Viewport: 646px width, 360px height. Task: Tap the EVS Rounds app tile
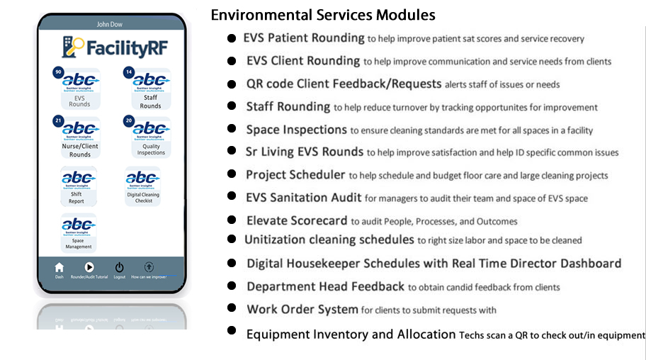coord(80,89)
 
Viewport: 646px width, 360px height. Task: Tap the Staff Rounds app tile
coord(151,89)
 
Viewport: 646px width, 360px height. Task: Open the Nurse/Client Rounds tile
coord(80,137)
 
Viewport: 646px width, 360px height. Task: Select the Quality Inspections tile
coord(151,137)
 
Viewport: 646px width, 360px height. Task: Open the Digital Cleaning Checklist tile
coord(143,186)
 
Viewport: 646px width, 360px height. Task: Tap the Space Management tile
coord(79,233)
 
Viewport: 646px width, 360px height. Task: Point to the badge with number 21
coord(57,121)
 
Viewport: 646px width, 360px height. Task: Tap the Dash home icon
coord(59,267)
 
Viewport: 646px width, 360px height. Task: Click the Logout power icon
coord(119,267)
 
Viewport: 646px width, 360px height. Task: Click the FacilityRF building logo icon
coord(72,47)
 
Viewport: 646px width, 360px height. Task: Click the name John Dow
coord(112,24)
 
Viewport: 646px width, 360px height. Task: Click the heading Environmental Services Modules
coord(323,15)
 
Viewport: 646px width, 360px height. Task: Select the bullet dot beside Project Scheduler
coord(232,174)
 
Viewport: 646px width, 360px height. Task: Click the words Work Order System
coord(302,309)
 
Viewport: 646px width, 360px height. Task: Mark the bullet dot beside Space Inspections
coord(232,129)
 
